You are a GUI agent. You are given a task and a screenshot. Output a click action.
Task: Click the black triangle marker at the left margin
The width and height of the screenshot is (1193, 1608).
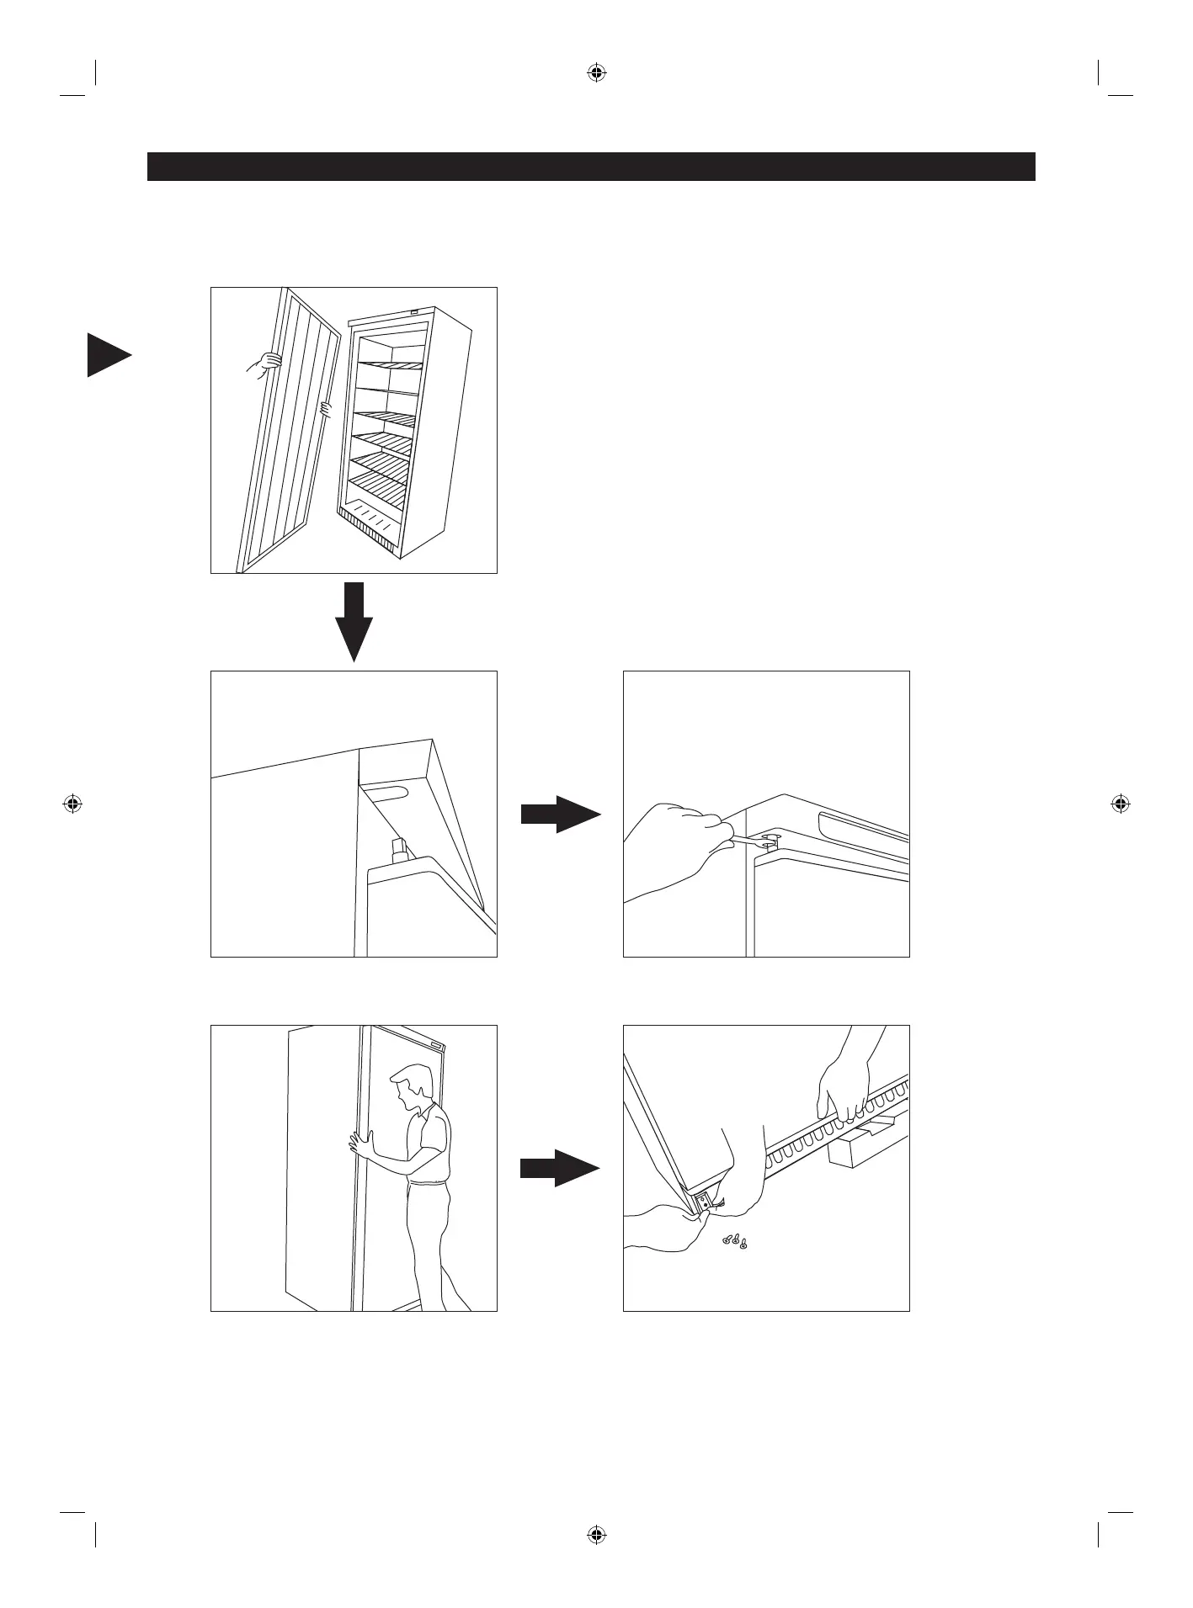pyautogui.click(x=107, y=355)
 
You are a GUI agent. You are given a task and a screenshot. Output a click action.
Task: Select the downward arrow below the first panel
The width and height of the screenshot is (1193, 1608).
pyautogui.click(x=354, y=620)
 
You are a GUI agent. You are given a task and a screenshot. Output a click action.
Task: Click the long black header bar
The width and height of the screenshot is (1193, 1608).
pyautogui.click(x=591, y=167)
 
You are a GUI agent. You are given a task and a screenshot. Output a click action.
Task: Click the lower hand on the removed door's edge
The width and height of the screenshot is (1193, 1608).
pyautogui.click(x=325, y=410)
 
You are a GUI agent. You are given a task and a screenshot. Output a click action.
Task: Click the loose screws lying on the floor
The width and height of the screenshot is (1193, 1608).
pyautogui.click(x=735, y=1241)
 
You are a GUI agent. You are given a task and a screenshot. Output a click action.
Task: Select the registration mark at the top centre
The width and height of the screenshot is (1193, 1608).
pyautogui.click(x=596, y=73)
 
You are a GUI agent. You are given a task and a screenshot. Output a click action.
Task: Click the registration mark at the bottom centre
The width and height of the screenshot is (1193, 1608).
pyautogui.click(x=596, y=1535)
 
